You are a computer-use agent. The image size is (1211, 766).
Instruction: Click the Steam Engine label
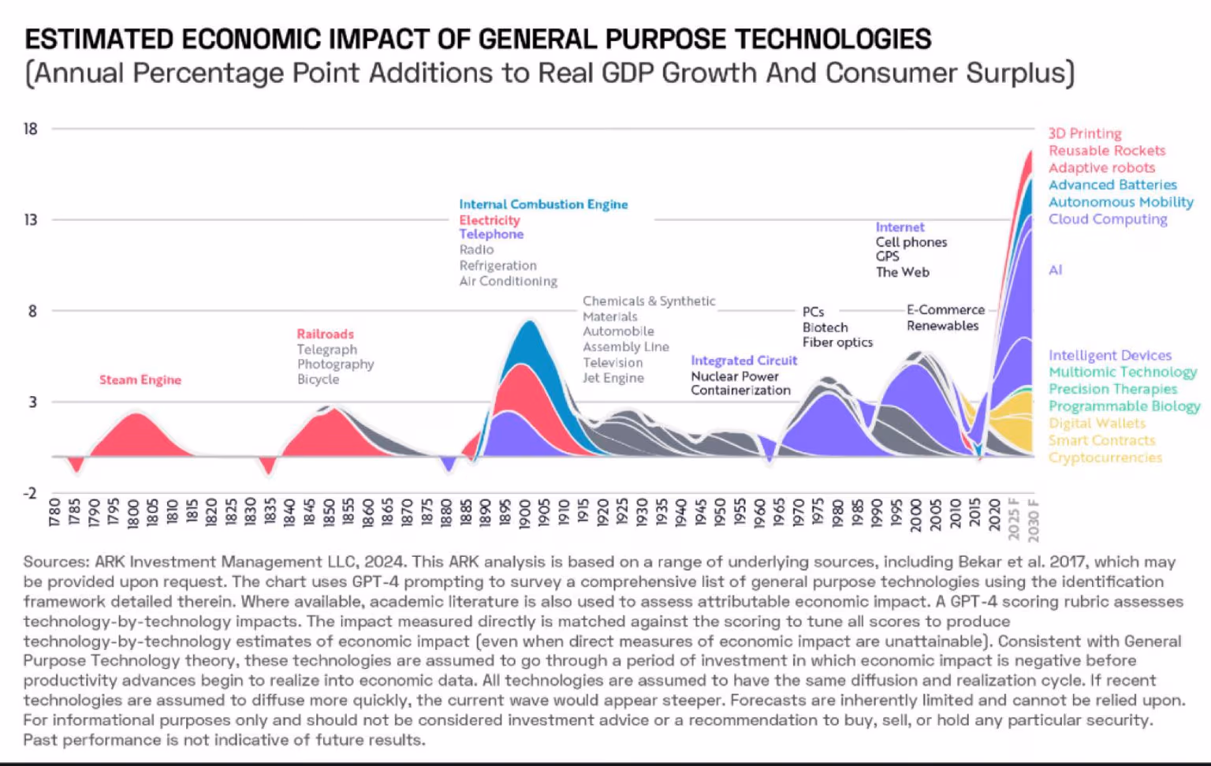coord(140,380)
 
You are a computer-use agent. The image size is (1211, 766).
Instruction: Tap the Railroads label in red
coord(325,334)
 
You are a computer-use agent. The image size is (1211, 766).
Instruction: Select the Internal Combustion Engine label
coord(543,204)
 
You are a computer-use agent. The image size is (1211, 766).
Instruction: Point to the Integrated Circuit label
coord(743,361)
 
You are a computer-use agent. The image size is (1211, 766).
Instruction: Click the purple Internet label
coord(900,227)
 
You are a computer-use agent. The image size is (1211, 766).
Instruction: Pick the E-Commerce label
coord(945,310)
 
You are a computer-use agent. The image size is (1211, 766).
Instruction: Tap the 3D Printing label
coord(1084,133)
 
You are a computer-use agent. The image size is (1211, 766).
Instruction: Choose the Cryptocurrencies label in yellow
coord(1105,458)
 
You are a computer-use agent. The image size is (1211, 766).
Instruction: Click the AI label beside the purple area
coord(1055,270)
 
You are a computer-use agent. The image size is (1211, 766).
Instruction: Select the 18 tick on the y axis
coord(31,129)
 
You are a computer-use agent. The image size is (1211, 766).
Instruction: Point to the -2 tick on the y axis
coord(31,493)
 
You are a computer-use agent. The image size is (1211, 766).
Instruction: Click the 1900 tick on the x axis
coord(525,514)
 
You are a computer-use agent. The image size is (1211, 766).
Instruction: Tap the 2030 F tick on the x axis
coord(1034,521)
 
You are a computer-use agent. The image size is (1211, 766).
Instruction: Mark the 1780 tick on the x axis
coord(54,514)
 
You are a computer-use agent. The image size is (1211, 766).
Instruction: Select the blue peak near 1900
coord(529,323)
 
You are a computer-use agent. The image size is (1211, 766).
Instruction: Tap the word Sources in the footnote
coord(55,562)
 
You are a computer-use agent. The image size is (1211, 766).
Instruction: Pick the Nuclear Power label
coord(734,376)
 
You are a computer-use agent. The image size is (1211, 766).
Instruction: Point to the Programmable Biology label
coord(1123,406)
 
